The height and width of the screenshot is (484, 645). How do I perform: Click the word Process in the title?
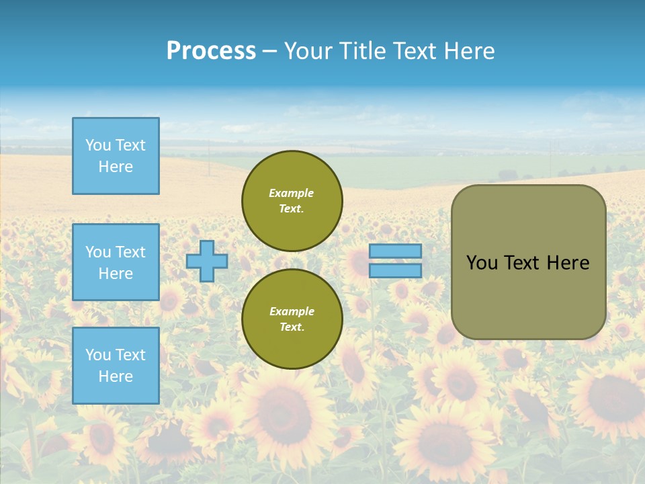pyautogui.click(x=211, y=51)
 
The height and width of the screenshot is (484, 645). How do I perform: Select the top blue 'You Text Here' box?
pyautogui.click(x=116, y=156)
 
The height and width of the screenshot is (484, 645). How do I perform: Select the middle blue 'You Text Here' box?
pyautogui.click(x=116, y=262)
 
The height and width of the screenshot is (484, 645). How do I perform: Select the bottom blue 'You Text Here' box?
pyautogui.click(x=116, y=365)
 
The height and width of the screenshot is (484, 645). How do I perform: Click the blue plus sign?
pyautogui.click(x=207, y=261)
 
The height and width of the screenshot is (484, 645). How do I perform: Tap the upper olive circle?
pyautogui.click(x=292, y=201)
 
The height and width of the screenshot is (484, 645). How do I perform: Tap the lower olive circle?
pyautogui.click(x=292, y=319)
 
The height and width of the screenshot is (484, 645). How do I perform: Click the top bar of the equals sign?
pyautogui.click(x=395, y=251)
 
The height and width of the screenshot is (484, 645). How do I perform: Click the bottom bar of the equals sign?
pyautogui.click(x=395, y=270)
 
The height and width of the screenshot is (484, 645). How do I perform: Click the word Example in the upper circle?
pyautogui.click(x=292, y=193)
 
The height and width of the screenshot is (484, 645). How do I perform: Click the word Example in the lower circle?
pyautogui.click(x=292, y=311)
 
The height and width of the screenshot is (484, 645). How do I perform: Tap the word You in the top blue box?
pyautogui.click(x=98, y=145)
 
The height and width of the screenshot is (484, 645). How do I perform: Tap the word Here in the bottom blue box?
pyautogui.click(x=116, y=376)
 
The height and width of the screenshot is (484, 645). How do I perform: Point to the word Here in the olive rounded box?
pyautogui.click(x=568, y=263)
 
